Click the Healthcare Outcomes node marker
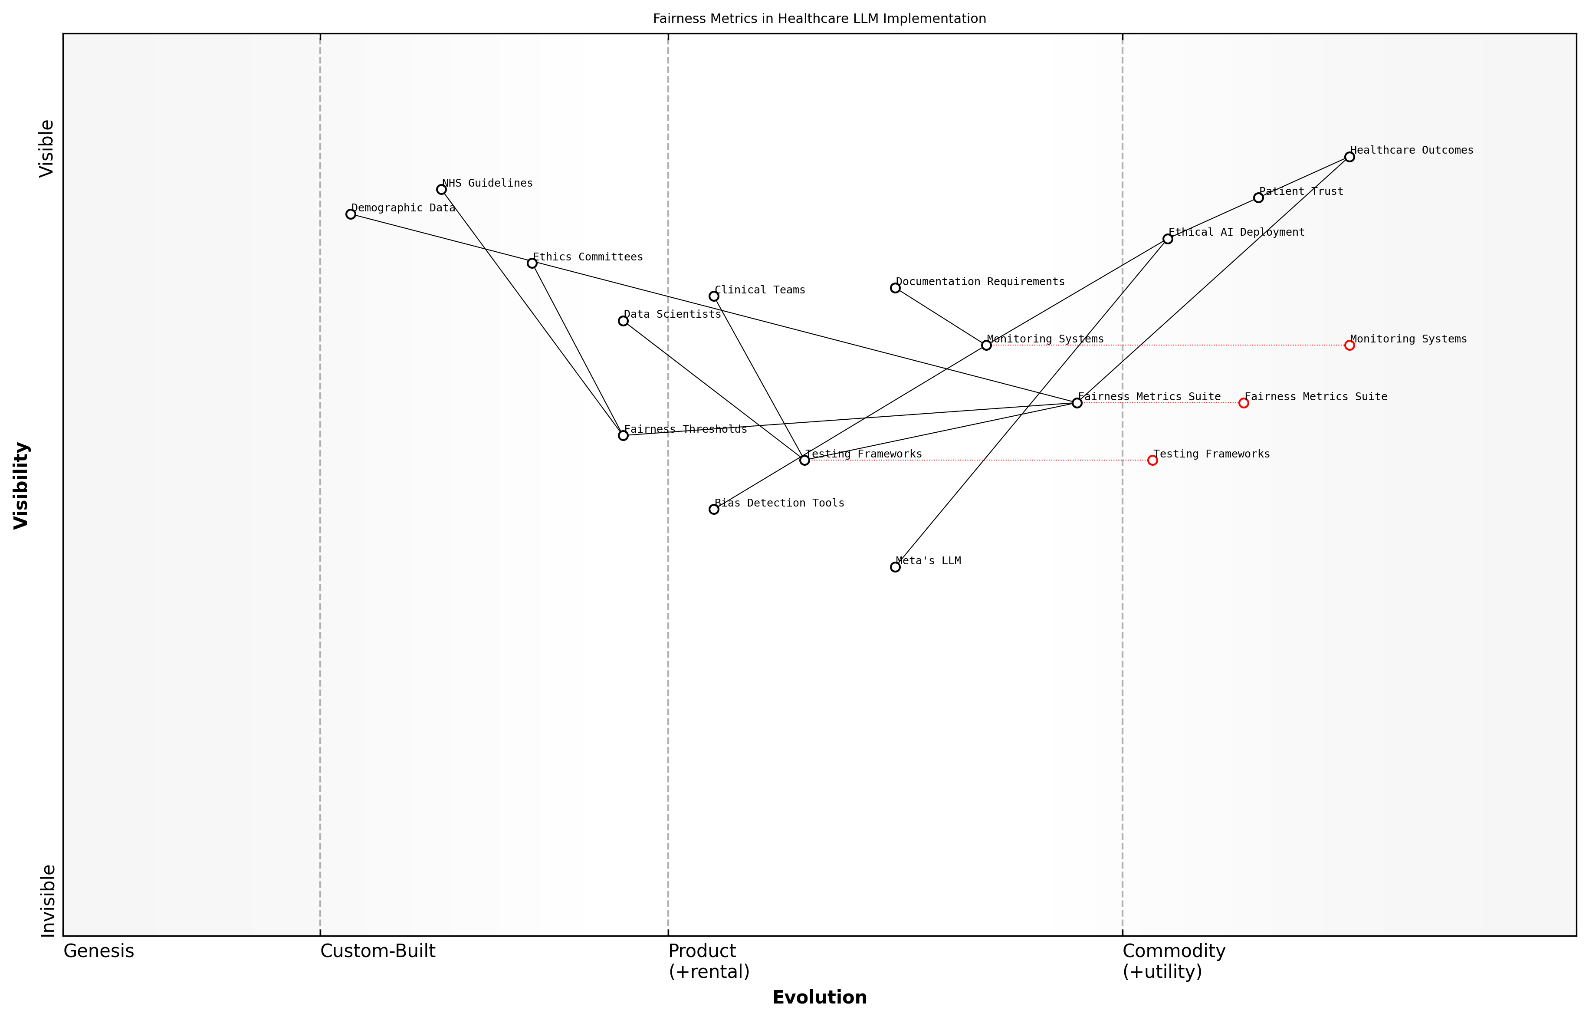click(x=1349, y=157)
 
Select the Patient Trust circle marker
click(x=1258, y=197)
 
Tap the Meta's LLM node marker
click(x=895, y=567)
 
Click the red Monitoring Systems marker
click(x=1349, y=345)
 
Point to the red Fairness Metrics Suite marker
click(x=1244, y=403)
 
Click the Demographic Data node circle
click(x=351, y=214)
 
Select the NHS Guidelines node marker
click(x=442, y=189)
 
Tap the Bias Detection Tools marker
click(x=714, y=509)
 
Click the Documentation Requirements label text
click(x=980, y=282)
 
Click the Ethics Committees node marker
click(x=532, y=263)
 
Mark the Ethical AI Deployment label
click(x=1236, y=233)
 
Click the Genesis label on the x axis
click(x=98, y=951)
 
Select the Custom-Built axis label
click(x=378, y=951)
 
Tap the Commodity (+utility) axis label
click(x=1173, y=961)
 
